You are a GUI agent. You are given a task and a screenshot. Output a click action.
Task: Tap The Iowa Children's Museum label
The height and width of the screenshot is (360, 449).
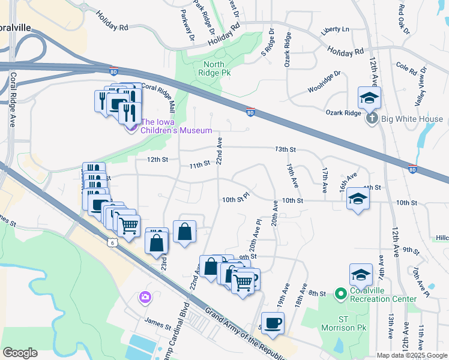click(x=176, y=130)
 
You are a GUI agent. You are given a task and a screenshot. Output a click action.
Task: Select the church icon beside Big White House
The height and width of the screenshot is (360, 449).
click(x=372, y=119)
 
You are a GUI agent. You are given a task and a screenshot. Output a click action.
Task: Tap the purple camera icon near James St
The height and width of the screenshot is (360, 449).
click(x=145, y=297)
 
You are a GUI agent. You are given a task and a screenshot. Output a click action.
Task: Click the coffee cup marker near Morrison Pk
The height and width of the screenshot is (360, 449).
click(x=273, y=322)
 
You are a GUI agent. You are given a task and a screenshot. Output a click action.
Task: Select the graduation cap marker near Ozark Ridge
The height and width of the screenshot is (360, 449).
click(x=369, y=97)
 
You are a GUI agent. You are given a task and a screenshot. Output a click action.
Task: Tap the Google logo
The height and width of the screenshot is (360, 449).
click(x=20, y=352)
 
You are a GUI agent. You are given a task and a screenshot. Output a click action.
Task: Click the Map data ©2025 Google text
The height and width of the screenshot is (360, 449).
click(x=411, y=355)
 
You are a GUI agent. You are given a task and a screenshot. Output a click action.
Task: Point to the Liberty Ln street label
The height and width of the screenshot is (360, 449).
click(x=336, y=29)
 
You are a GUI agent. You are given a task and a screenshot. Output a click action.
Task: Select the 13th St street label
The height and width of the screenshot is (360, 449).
click(x=286, y=149)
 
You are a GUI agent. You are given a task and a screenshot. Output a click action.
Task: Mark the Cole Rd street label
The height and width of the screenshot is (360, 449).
click(x=406, y=68)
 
